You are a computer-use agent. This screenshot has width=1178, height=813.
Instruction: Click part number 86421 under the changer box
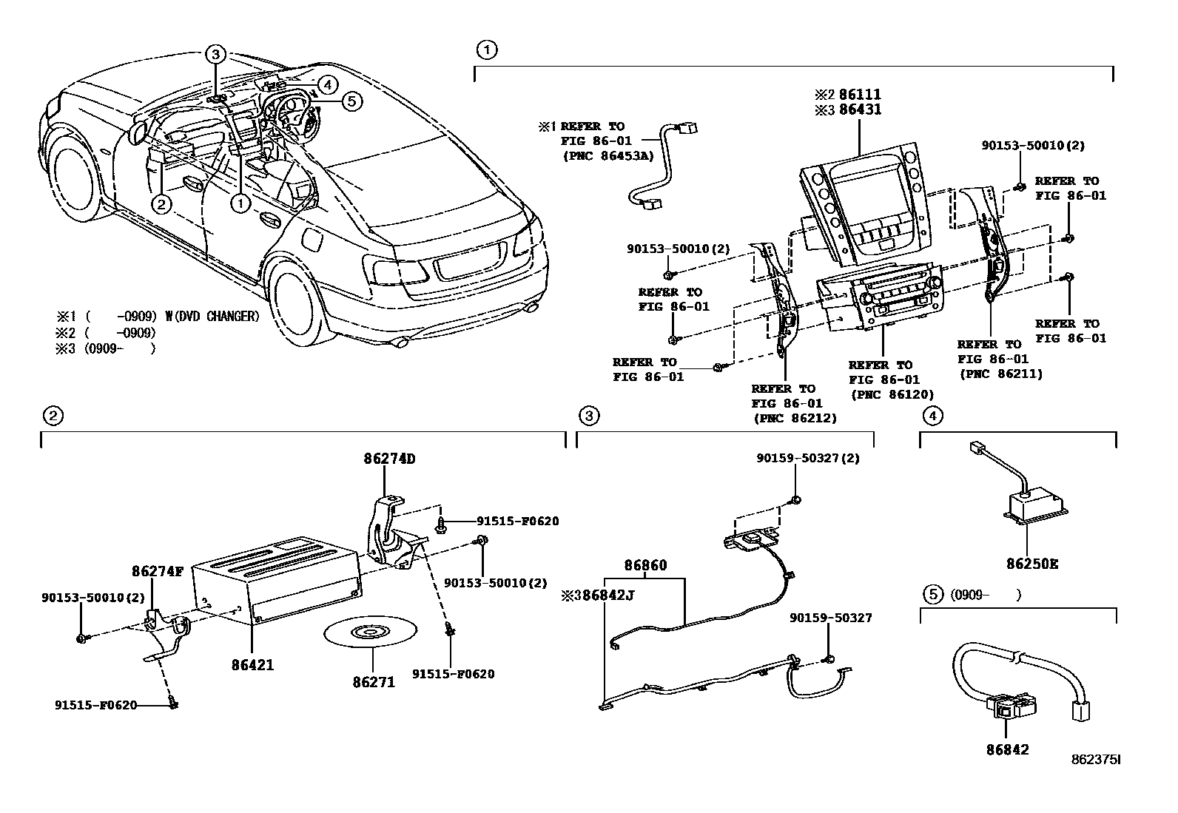252,665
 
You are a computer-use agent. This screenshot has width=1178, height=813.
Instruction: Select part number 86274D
389,459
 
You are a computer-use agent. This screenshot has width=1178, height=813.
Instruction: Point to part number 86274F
158,571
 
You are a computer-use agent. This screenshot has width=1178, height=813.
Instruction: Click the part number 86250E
1031,564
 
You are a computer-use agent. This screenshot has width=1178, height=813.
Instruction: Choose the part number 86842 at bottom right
1006,749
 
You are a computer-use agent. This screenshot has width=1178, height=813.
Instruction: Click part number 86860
645,566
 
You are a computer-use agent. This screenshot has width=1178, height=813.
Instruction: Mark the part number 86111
858,95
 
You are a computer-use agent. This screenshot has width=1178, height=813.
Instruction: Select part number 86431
858,109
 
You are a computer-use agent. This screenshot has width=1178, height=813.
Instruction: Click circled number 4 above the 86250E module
932,416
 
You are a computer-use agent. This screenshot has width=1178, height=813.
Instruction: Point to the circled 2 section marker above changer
52,416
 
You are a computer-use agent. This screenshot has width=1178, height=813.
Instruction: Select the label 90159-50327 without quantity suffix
830,618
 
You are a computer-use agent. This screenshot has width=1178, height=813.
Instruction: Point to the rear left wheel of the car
297,295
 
